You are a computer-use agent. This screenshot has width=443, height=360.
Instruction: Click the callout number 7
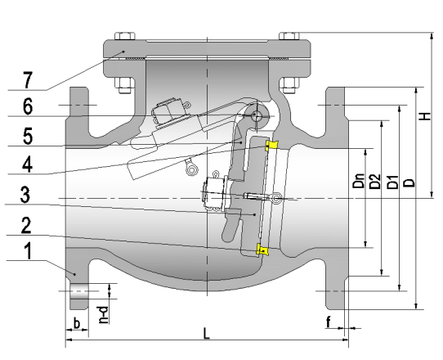click(27, 80)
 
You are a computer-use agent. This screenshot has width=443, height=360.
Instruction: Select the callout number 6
click(28, 106)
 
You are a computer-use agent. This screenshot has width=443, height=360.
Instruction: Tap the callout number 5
click(28, 136)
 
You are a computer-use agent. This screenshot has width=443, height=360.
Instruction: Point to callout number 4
click(28, 164)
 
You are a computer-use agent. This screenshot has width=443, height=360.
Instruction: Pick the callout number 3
click(25, 194)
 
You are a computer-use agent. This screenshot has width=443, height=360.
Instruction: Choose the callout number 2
click(26, 225)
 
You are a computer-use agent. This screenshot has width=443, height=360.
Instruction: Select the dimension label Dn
click(359, 181)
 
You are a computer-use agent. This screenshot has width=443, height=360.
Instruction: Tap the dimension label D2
click(375, 182)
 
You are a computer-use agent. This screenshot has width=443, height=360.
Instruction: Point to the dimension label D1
click(392, 182)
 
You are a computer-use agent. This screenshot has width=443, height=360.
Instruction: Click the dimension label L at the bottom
click(207, 333)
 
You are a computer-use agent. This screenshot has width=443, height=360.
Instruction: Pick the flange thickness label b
click(77, 323)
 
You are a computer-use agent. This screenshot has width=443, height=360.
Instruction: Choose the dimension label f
click(329, 322)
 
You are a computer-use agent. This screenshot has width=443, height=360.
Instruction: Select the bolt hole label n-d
click(104, 315)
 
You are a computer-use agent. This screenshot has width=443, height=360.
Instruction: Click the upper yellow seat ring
click(271, 146)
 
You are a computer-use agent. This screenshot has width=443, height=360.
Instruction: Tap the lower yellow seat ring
click(262, 250)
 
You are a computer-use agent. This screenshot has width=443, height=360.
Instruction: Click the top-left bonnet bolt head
click(124, 36)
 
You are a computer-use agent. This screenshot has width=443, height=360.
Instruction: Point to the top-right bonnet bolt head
click(289, 36)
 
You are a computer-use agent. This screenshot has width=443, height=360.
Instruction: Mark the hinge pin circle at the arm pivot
click(255, 115)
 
